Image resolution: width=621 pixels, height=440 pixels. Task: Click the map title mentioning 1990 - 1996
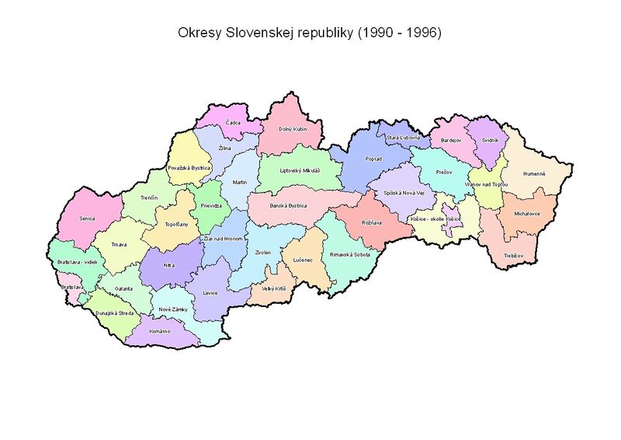309,34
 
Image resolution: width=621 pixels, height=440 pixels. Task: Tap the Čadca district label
233,122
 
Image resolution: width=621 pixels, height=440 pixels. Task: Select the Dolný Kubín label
280,128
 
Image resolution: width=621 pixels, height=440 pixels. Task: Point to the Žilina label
224,148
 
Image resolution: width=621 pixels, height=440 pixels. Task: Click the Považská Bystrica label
189,167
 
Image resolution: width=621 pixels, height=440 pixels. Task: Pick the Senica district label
86,218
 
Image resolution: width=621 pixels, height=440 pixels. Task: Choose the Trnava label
119,245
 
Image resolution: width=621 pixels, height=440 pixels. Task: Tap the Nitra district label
170,265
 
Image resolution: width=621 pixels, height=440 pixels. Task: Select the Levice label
210,293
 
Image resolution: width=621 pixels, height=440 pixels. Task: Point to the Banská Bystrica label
288,206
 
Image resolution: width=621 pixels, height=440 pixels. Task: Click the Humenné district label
534,173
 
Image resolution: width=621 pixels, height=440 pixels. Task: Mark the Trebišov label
513,255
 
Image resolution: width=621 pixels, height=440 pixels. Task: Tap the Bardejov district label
450,141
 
